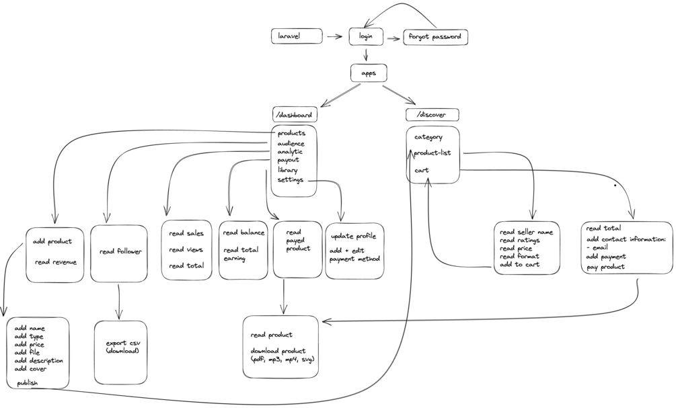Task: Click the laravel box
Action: point(297,36)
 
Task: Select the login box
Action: point(366,36)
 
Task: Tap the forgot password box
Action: point(435,37)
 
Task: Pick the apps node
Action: point(369,73)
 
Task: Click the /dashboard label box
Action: point(295,115)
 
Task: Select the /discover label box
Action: point(433,115)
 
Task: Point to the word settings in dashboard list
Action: point(291,180)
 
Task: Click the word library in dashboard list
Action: point(287,170)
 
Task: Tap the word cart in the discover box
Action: point(422,170)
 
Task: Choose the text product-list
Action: point(432,153)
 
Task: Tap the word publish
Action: point(28,383)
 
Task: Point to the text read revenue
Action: point(56,263)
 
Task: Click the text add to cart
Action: point(519,265)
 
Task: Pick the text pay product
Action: point(605,267)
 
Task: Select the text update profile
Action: point(354,237)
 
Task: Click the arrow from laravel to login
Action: point(335,37)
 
